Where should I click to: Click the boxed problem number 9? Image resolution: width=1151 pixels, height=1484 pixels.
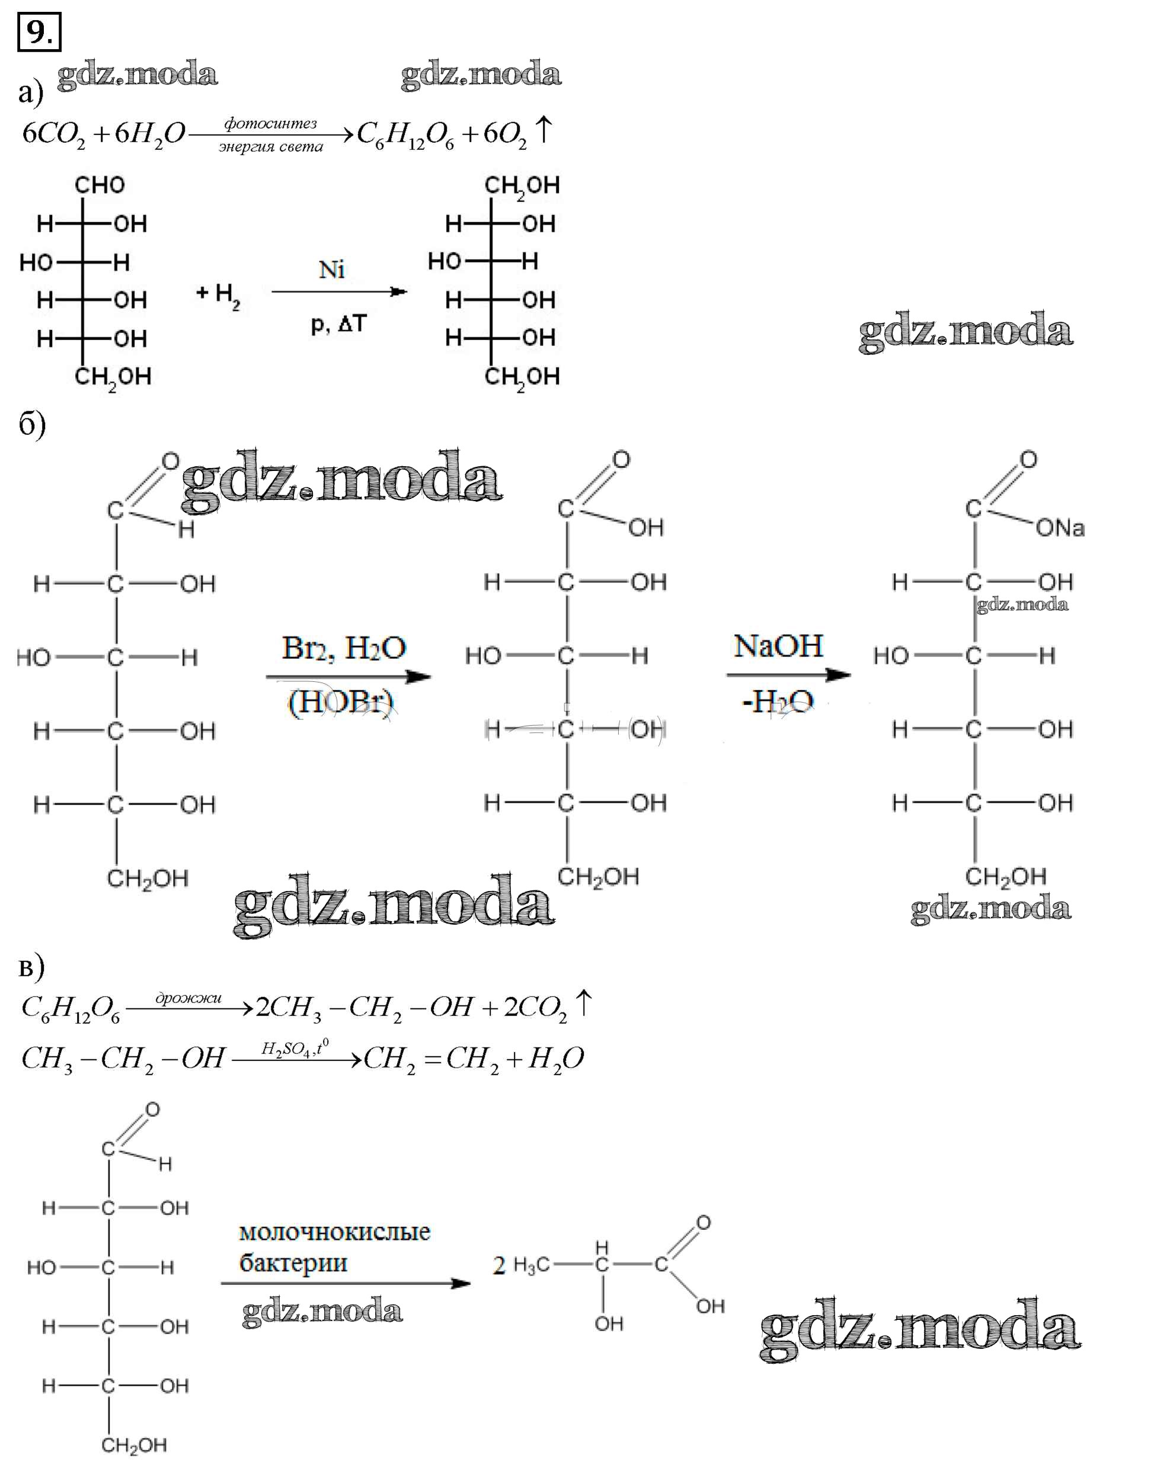pyautogui.click(x=39, y=32)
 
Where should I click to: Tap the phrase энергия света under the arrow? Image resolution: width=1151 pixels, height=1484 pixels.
pyautogui.click(x=271, y=147)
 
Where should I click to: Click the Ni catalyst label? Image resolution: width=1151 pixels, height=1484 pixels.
pyautogui.click(x=332, y=270)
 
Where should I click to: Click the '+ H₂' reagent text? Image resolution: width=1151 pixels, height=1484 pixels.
pyautogui.click(x=218, y=295)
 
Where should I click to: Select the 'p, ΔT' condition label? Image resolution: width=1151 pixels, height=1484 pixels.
pyautogui.click(x=338, y=324)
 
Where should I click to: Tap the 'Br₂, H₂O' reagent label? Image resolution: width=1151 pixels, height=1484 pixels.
pyautogui.click(x=344, y=648)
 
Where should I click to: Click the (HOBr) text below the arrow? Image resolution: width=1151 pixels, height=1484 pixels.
pyautogui.click(x=341, y=702)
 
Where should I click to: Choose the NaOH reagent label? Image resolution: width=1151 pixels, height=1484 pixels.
pyautogui.click(x=778, y=646)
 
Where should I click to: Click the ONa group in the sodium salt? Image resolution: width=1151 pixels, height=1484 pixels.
pyautogui.click(x=1059, y=527)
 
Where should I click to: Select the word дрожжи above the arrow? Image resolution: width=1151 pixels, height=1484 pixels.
pyautogui.click(x=188, y=998)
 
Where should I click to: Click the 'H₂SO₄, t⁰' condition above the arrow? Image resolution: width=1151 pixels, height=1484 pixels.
pyautogui.click(x=295, y=1048)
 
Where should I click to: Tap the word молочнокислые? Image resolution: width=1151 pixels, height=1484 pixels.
pyautogui.click(x=334, y=1231)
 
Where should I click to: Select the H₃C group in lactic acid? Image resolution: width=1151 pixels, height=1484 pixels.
pyautogui.click(x=531, y=1265)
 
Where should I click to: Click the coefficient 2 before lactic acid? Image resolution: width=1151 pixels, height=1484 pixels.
pyautogui.click(x=499, y=1265)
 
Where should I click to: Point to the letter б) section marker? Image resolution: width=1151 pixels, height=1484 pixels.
pyautogui.click(x=31, y=425)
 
